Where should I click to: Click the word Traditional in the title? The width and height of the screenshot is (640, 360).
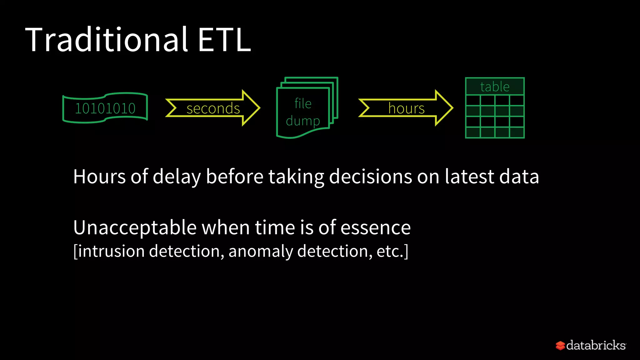[106, 40]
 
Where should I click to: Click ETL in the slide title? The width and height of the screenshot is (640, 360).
[224, 40]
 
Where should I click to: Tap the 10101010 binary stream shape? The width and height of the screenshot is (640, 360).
[105, 108]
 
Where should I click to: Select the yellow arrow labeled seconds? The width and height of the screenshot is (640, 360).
[213, 108]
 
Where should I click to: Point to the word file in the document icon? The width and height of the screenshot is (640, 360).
[303, 103]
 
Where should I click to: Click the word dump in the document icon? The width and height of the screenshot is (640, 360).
[303, 121]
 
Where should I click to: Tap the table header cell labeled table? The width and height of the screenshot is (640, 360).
[495, 87]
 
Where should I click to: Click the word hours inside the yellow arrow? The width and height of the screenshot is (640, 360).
[406, 108]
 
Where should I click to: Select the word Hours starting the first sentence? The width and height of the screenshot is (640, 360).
[99, 177]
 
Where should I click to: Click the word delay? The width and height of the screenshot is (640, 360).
[177, 177]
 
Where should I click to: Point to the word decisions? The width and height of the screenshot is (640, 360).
[370, 177]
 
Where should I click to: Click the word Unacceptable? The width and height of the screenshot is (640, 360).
[135, 227]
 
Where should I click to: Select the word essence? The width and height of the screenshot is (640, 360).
[375, 227]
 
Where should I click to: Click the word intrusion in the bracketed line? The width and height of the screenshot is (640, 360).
[111, 251]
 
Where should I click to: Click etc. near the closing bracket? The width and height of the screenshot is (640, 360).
[390, 251]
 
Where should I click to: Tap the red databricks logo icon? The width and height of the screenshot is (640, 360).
[560, 346]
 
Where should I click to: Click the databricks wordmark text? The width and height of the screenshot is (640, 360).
[596, 345]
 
